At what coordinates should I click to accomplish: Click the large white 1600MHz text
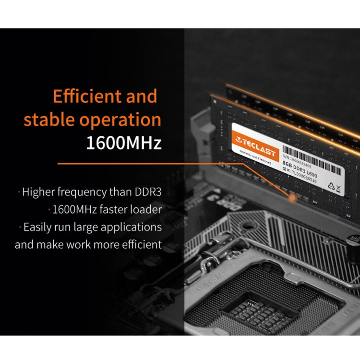click(124, 143)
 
